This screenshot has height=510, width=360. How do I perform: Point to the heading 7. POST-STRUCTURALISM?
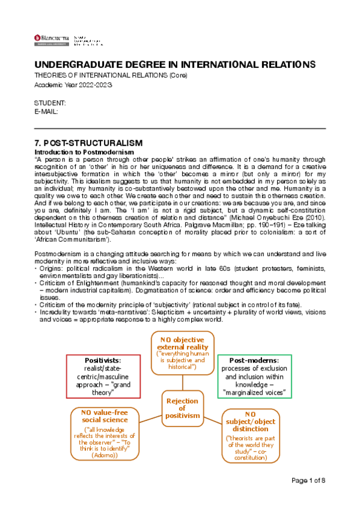(88, 143)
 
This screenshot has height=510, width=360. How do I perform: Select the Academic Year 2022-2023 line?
(73, 85)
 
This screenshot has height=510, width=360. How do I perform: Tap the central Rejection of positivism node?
(183, 408)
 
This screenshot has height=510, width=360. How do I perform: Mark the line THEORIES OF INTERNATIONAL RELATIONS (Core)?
(111, 76)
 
